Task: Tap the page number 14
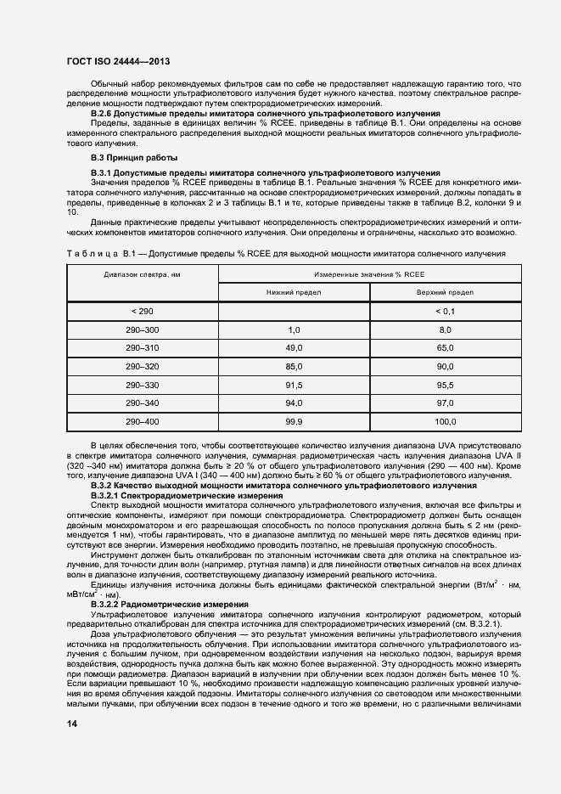point(72,724)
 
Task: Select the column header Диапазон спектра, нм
point(142,275)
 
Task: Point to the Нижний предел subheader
point(294,292)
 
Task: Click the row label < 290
point(142,312)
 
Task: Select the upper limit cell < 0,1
point(445,312)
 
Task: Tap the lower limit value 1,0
point(294,329)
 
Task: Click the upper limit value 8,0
point(445,329)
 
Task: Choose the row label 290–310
point(142,348)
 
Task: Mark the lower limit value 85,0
point(294,366)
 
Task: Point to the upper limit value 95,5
point(445,385)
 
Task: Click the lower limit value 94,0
point(294,403)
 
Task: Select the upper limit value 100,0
point(445,421)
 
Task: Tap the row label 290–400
point(142,421)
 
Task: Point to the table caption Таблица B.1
point(285,253)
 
